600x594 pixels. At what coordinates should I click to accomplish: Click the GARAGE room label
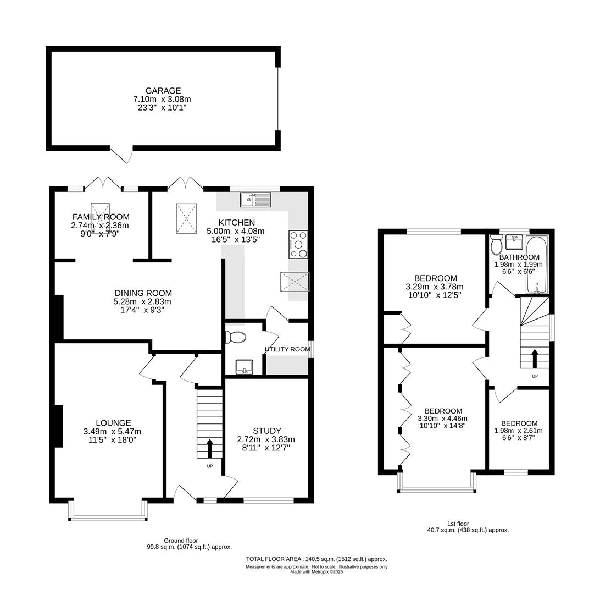point(163,91)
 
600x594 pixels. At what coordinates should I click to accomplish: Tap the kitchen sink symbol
point(255,200)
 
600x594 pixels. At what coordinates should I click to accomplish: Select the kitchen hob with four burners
point(298,244)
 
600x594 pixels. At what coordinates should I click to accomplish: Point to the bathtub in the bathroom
point(537,264)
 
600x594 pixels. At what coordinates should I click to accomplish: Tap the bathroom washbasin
point(514,242)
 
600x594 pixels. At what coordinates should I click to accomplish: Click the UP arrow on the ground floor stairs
point(210,448)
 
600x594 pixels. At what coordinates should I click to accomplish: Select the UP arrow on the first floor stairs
point(535,358)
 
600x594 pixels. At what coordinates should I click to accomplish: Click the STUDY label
point(266,431)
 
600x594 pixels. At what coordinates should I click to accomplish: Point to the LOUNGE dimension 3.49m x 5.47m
point(113,432)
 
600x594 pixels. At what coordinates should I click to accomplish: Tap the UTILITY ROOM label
point(287,349)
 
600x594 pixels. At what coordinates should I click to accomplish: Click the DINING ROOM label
point(143,293)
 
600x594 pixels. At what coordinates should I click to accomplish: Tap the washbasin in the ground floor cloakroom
point(244,366)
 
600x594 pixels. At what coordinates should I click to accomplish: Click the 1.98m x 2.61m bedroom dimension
point(519,431)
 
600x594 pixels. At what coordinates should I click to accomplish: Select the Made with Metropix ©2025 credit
point(316,572)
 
